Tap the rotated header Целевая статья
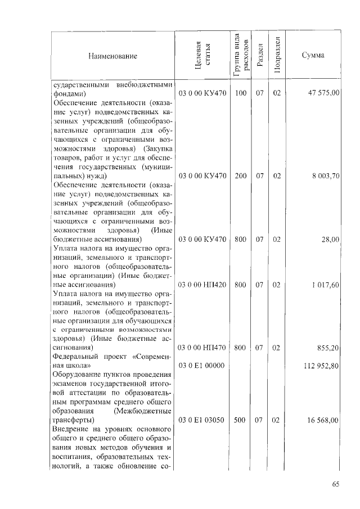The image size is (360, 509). [x=202, y=56]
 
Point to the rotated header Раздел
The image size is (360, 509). [x=259, y=56]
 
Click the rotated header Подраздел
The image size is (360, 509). [x=276, y=56]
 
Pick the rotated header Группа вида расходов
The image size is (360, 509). [x=241, y=56]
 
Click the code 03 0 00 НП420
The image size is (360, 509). [x=202, y=285]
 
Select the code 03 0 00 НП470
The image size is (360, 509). [x=202, y=348]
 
